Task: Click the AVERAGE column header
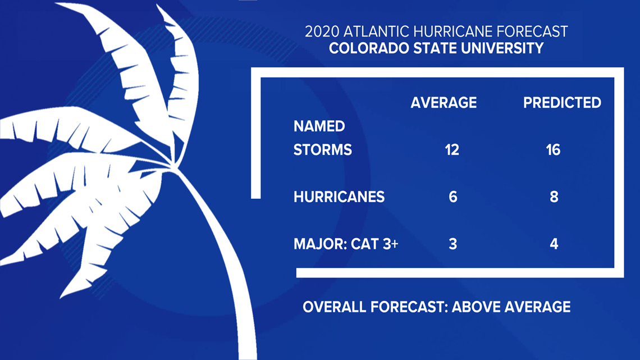tap(444, 102)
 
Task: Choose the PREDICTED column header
tap(562, 102)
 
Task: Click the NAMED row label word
tap(319, 126)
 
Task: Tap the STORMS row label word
tap(322, 150)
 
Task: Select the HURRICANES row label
tap(339, 197)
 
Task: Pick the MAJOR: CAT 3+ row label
tap(346, 244)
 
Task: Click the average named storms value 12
tap(452, 150)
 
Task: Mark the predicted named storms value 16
tap(553, 150)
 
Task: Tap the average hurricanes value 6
tap(452, 197)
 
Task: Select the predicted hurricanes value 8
tap(554, 197)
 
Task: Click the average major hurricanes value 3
tap(452, 244)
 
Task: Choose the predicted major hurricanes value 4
tap(554, 244)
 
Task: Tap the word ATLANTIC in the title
tap(376, 31)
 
